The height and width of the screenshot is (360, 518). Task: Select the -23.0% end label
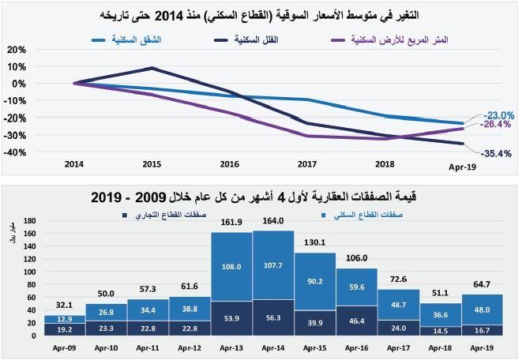[x=498, y=114]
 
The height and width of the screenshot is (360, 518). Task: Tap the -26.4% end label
[x=495, y=124]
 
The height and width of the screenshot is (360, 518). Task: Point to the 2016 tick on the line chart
[x=229, y=164]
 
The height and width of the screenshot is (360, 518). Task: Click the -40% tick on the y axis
[x=15, y=152]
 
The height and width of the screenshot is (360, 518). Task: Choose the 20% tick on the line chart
[x=16, y=49]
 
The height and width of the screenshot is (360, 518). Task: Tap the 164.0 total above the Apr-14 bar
[x=273, y=222]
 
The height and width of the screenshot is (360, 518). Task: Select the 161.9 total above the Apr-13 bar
[x=231, y=223]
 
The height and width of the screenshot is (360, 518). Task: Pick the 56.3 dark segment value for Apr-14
[x=273, y=318]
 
